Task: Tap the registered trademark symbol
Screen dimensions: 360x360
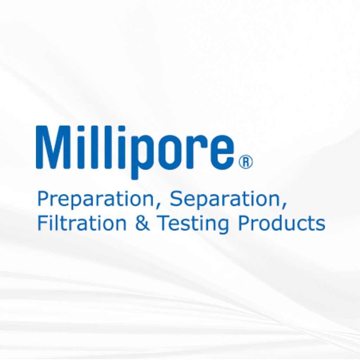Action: [246, 163]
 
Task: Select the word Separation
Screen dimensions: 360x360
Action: [225, 199]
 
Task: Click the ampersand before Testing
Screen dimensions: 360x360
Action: [142, 224]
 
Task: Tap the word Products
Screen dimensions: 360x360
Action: [281, 223]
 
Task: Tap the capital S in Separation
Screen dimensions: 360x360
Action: [177, 199]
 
